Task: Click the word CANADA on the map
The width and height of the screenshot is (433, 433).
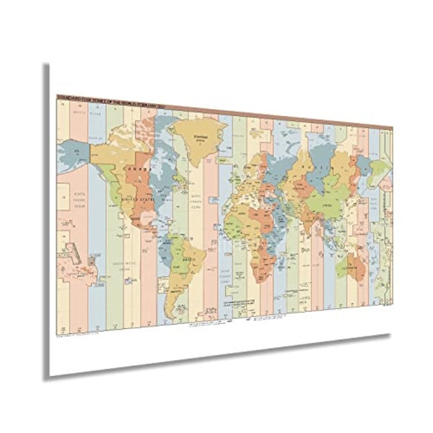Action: click(136, 167)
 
